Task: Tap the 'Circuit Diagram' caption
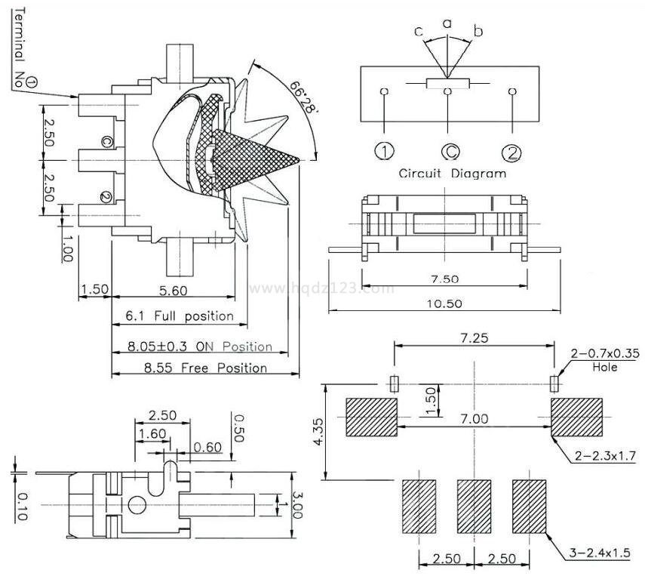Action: click(x=452, y=174)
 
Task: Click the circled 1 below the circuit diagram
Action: click(x=385, y=152)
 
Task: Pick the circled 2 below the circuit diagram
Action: click(x=512, y=152)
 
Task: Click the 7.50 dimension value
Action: click(x=444, y=279)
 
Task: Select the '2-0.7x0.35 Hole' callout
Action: click(x=605, y=359)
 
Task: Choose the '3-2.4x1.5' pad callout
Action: click(x=600, y=556)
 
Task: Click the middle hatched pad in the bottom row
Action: click(x=475, y=504)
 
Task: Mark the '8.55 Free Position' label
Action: click(x=197, y=368)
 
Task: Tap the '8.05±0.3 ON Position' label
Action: click(x=199, y=347)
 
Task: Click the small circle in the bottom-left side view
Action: click(x=137, y=504)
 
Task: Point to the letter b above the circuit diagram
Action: click(x=478, y=31)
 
